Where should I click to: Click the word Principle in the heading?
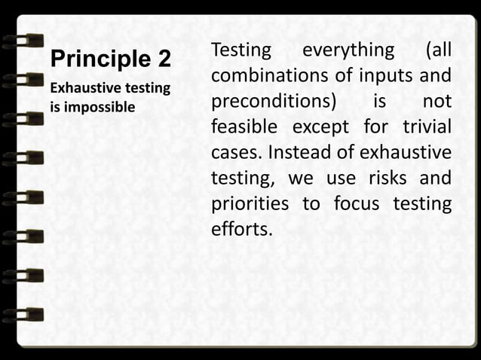pos(95,59)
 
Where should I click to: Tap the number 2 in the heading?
pos(164,59)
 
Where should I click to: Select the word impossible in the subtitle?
pos(97,107)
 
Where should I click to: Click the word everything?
pos(348,50)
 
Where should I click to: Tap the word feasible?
pos(245,127)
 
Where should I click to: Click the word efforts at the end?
pos(241,230)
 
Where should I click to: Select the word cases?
pos(234,153)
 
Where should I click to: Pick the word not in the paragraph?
pos(437,102)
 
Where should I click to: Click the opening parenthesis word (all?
pos(438,50)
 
